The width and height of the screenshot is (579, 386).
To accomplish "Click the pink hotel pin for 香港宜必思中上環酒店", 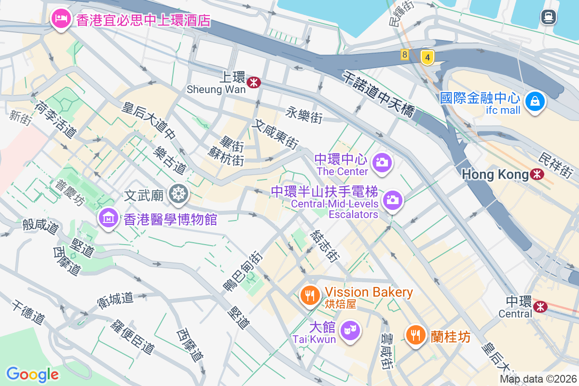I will pyautogui.click(x=60, y=19).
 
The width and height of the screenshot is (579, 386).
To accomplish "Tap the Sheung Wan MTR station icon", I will pyautogui.click(x=253, y=83).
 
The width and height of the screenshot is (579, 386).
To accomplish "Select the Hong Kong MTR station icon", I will pyautogui.click(x=537, y=174).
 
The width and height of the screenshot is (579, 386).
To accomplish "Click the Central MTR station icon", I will pyautogui.click(x=540, y=305).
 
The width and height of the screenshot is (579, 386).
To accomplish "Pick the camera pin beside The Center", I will pyautogui.click(x=382, y=162).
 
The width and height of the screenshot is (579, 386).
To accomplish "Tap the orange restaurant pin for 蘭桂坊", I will pyautogui.click(x=414, y=335).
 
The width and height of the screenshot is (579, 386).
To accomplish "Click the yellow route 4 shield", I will pyautogui.click(x=427, y=57).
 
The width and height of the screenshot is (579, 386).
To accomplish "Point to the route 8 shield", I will pyautogui.click(x=404, y=55).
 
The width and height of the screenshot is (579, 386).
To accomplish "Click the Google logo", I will pyautogui.click(x=32, y=374).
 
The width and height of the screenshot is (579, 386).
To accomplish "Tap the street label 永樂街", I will pyautogui.click(x=303, y=115).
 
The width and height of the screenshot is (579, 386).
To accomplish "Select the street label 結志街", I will pyautogui.click(x=325, y=246).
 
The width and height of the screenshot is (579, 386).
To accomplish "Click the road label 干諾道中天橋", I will pyautogui.click(x=379, y=94).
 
